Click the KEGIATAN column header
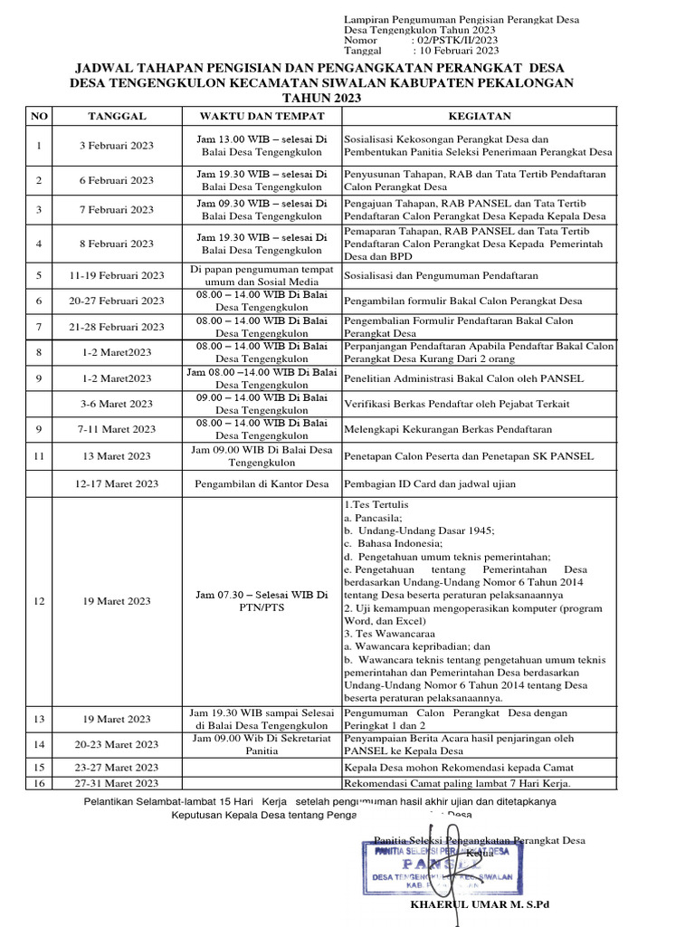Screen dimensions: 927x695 480,116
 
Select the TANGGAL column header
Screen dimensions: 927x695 117,116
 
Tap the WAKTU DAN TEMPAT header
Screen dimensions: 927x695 262,116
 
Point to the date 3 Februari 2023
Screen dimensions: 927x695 117,146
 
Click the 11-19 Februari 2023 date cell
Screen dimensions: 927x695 117,275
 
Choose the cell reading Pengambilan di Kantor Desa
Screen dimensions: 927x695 262,484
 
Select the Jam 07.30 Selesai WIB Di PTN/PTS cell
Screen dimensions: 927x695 262,601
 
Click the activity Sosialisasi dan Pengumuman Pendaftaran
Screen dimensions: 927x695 441,275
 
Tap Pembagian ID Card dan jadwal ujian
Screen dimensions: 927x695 430,484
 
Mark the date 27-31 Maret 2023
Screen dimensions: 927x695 117,783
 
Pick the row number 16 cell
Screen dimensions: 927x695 39,783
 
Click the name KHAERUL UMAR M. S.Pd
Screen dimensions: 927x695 480,904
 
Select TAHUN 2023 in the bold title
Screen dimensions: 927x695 322,98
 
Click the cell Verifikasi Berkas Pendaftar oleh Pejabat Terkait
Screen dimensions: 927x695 456,404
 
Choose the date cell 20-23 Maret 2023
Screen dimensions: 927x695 117,744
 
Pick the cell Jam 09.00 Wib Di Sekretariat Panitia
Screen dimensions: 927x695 262,744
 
